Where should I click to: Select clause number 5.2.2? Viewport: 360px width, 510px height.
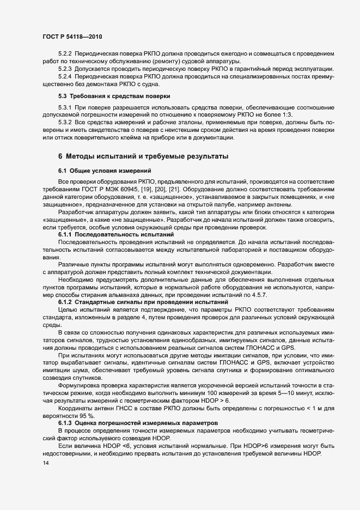pyautogui.click(x=66, y=54)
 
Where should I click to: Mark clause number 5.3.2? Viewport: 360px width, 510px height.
pyautogui.click(x=66, y=124)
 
